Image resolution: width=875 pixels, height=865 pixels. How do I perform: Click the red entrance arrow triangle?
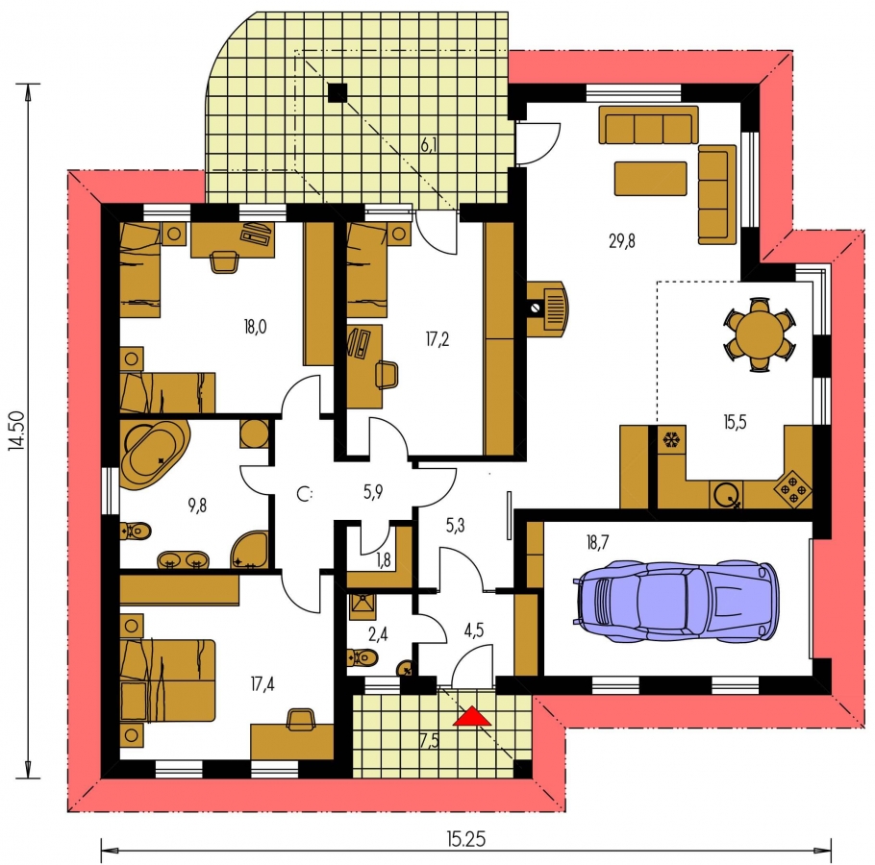click(x=472, y=716)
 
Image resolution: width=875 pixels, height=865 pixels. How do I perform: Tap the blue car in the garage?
click(x=675, y=601)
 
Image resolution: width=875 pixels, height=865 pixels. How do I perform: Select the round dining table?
click(x=760, y=334)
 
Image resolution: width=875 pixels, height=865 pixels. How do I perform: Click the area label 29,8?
click(x=622, y=241)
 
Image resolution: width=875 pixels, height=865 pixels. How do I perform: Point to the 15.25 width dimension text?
click(x=466, y=839)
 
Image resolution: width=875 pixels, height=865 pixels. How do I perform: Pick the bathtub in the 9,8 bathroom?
click(x=155, y=456)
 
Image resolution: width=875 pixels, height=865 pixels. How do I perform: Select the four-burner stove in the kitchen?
click(x=792, y=489)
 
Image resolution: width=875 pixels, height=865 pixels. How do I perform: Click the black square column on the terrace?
click(x=337, y=92)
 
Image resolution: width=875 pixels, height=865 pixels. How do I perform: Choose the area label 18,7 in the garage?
click(x=597, y=542)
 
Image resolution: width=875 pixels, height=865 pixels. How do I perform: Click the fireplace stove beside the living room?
click(x=547, y=309)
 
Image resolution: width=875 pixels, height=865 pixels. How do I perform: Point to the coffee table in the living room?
click(x=650, y=179)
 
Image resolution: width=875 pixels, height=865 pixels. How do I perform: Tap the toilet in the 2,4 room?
click(x=362, y=657)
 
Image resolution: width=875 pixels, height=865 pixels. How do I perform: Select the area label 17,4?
click(x=262, y=683)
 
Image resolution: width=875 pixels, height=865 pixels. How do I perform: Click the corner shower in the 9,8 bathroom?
click(x=249, y=550)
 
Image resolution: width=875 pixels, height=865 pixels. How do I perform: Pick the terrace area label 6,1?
click(x=429, y=145)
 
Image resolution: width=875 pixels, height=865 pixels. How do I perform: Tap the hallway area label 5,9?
click(x=373, y=492)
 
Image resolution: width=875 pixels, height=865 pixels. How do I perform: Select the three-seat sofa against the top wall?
click(x=648, y=124)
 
